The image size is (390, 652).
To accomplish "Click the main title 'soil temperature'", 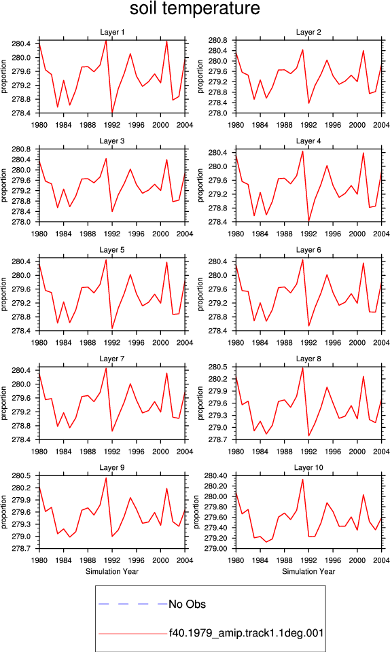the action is pos(194,8).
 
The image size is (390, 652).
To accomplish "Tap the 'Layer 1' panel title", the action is pos(112,32).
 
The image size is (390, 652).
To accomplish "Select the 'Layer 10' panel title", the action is pos(308,467).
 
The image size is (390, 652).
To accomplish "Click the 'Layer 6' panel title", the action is pos(308,249).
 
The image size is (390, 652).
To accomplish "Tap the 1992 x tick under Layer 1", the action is pos(112,125).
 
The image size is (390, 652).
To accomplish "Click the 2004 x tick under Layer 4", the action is pos(381,234).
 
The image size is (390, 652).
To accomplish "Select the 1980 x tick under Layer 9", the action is pos(39,560).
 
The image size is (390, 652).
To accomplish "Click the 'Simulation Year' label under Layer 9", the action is pos(112,571).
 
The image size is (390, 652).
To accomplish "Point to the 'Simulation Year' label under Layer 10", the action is pos(308,571).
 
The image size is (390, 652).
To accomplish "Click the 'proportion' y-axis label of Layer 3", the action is pos(4,185).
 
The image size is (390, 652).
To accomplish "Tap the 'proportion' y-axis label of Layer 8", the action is pos(200,403).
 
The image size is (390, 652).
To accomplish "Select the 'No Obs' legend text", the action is pos(187,604).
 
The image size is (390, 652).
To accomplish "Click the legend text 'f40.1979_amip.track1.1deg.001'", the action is pos(246,633).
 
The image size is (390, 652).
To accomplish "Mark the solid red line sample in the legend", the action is pos(133,634).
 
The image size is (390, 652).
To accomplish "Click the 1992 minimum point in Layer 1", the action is pos(112,113).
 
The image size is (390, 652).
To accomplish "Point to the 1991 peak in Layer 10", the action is pos(302,479).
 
